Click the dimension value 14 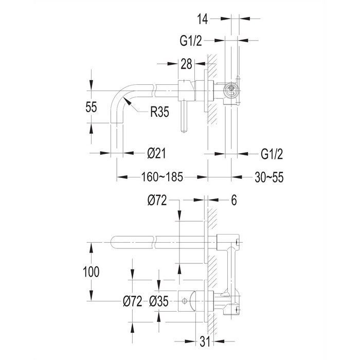202,19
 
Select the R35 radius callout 159,112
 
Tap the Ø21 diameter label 156,153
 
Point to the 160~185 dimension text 162,177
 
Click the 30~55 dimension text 269,177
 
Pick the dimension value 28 186,64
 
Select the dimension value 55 91,107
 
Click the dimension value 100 91,272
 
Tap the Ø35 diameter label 159,301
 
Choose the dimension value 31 205,342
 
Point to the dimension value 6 233,200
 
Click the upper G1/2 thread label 191,41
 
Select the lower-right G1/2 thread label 272,154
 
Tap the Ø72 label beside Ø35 133,301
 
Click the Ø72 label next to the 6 157,200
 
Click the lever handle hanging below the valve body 184,117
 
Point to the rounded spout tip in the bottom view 113,242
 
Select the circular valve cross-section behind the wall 231,90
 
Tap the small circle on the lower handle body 184,301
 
